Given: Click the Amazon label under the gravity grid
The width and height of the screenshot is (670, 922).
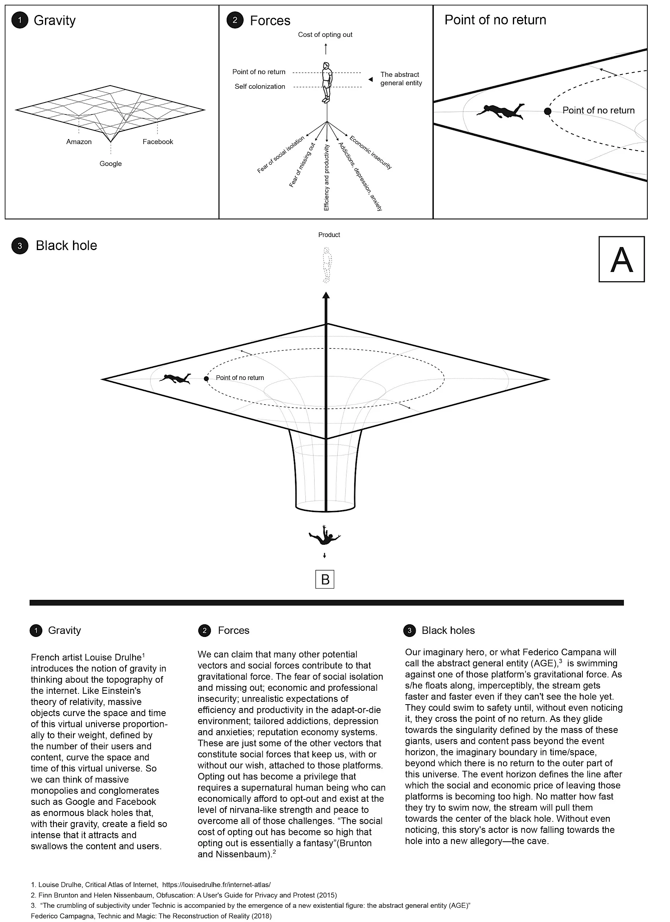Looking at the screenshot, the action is pyautogui.click(x=79, y=142).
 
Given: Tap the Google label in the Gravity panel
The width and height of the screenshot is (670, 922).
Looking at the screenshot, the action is pyautogui.click(x=111, y=164).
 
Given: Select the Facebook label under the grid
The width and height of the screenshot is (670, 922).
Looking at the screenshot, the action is pyautogui.click(x=158, y=142).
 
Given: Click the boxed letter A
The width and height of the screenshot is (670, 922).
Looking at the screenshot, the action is pyautogui.click(x=622, y=259).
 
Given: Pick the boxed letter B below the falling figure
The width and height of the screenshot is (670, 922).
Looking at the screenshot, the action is pyautogui.click(x=325, y=579).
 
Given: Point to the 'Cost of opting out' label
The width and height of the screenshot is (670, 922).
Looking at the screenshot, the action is pyautogui.click(x=325, y=35).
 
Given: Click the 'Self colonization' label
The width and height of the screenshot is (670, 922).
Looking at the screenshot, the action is pyautogui.click(x=260, y=86).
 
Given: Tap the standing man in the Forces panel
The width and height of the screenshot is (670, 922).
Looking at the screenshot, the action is pyautogui.click(x=327, y=83).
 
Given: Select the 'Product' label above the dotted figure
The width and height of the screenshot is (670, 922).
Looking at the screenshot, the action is pyautogui.click(x=329, y=235).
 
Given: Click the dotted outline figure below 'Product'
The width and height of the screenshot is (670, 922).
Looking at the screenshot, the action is pyautogui.click(x=326, y=265).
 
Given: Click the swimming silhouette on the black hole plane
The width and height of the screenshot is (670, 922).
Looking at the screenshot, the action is pyautogui.click(x=175, y=378).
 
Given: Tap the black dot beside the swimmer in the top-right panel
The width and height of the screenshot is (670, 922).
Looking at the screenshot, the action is pyautogui.click(x=547, y=111).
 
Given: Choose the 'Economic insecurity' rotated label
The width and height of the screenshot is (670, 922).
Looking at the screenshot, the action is pyautogui.click(x=370, y=153).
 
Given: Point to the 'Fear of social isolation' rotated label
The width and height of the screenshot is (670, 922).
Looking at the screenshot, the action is pyautogui.click(x=281, y=155).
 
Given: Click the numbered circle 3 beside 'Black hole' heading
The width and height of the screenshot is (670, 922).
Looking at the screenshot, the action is pyautogui.click(x=20, y=246).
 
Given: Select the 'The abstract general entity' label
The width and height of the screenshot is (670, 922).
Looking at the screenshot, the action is pyautogui.click(x=401, y=79).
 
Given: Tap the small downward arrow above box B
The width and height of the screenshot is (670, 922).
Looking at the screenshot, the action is pyautogui.click(x=324, y=556).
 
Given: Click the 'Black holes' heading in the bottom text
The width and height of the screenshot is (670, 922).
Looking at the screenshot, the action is pyautogui.click(x=448, y=630).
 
